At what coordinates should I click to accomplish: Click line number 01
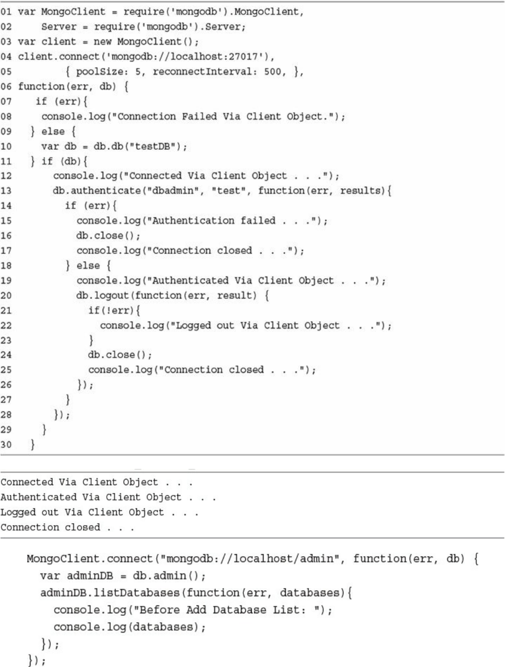[x=6, y=12]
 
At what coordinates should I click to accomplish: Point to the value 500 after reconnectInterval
[x=272, y=71]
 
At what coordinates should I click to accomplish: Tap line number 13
[x=6, y=191]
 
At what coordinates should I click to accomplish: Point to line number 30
[x=6, y=444]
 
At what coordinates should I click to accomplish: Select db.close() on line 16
[x=108, y=235]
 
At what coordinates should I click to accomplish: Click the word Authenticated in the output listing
[x=38, y=497]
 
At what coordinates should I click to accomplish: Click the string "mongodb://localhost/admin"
[x=252, y=559]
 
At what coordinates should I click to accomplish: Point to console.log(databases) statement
[x=130, y=627]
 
